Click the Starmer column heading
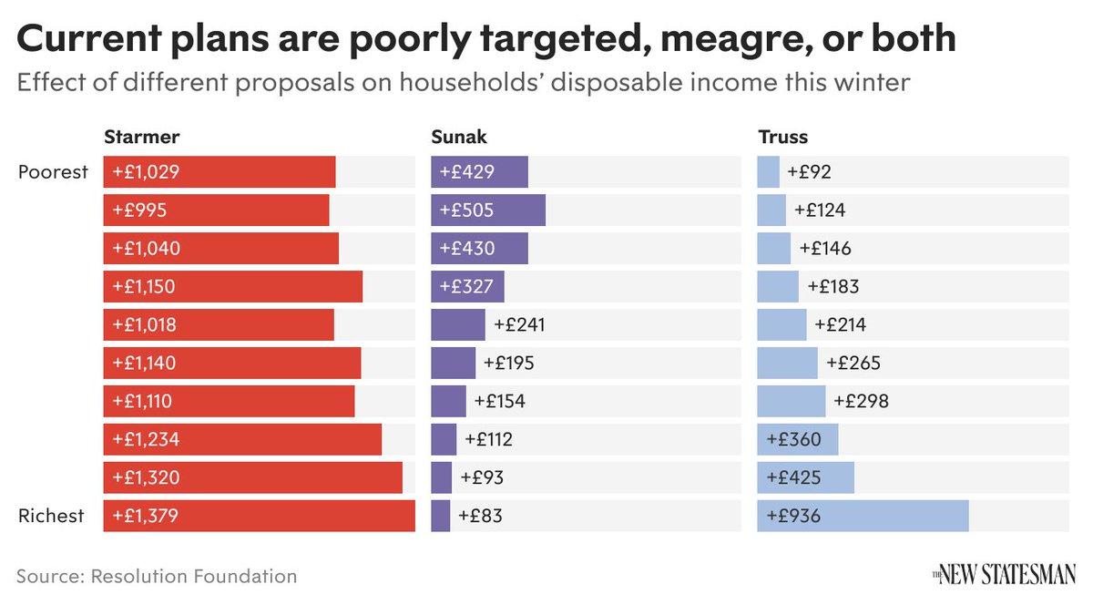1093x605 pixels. pos(141,138)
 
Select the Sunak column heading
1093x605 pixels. pos(459,138)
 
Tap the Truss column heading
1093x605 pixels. pos(782,138)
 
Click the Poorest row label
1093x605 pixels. pos(53,172)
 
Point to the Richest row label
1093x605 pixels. pos(51,516)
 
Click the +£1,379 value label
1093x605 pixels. pos(146,516)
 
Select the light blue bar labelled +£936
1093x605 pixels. pos(863,516)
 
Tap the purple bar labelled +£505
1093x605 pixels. pos(487,210)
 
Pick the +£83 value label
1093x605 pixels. pos(480,516)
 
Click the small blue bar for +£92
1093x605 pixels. pos(768,172)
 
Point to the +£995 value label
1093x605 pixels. pos(139,210)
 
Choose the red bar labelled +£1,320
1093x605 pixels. pos(252,477)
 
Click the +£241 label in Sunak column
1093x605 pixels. pos(519,324)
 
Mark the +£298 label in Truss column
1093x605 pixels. pos(861,401)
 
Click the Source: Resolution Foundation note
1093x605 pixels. pos(157,576)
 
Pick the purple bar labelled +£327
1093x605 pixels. pos(467,286)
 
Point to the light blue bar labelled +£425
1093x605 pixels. pos(805,477)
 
